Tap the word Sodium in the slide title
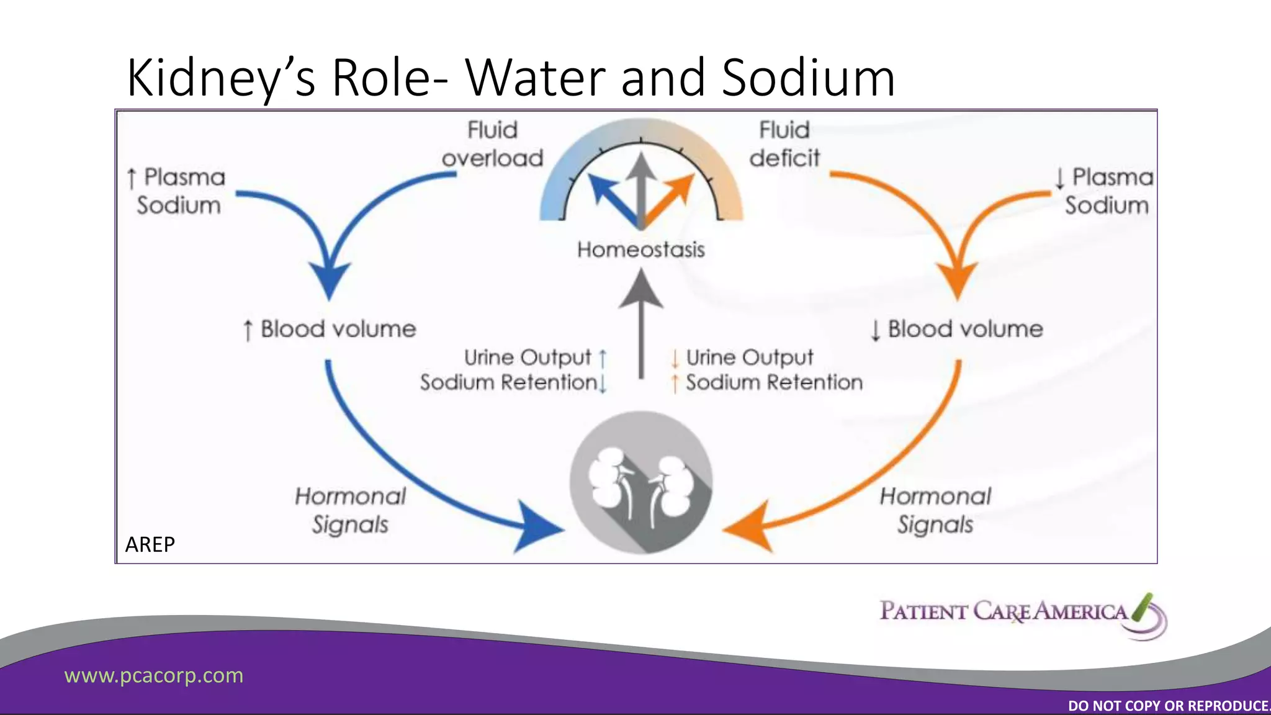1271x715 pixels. click(x=808, y=78)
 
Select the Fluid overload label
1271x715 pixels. click(x=492, y=144)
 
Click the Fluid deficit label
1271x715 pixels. click(x=784, y=144)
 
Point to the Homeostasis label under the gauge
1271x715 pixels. click(x=640, y=250)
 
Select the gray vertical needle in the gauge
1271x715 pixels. click(x=641, y=186)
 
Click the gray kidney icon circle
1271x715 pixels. click(x=641, y=482)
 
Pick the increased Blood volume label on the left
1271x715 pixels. click(x=330, y=329)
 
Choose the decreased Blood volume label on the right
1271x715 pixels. click(x=957, y=329)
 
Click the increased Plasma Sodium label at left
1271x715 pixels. click(x=177, y=191)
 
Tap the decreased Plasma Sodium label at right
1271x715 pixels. click(x=1105, y=191)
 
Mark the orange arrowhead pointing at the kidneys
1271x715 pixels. click(x=750, y=528)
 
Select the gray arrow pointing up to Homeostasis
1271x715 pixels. click(x=641, y=323)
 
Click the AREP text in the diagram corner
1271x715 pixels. click(x=150, y=544)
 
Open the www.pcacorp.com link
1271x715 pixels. click(x=154, y=675)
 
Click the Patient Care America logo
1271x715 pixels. click(x=1022, y=614)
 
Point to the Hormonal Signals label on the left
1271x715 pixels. click(x=351, y=510)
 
